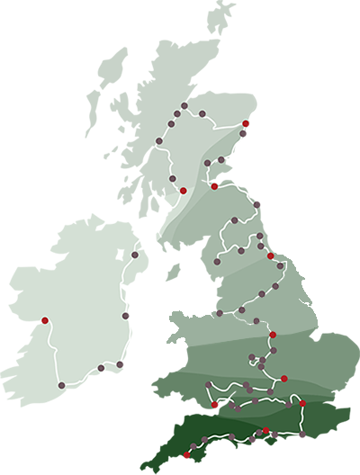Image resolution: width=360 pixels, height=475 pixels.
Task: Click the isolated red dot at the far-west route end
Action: (44, 320)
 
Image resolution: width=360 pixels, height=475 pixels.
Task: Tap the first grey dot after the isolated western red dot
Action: (61, 386)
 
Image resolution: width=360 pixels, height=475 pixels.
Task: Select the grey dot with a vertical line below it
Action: (101, 368)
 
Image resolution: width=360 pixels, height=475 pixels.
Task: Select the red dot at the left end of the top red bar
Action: (246, 125)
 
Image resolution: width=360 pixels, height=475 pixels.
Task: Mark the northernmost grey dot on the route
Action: (184, 105)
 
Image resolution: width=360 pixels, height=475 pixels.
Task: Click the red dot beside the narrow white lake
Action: (184, 191)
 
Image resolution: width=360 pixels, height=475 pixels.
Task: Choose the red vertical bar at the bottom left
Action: (185, 460)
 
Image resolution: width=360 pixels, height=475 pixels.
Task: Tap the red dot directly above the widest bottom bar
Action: (303, 403)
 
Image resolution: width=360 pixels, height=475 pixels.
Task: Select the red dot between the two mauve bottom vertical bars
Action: (265, 431)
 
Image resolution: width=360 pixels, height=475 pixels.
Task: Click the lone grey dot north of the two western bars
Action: (134, 255)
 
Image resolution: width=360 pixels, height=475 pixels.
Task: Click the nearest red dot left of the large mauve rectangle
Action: (214, 186)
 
